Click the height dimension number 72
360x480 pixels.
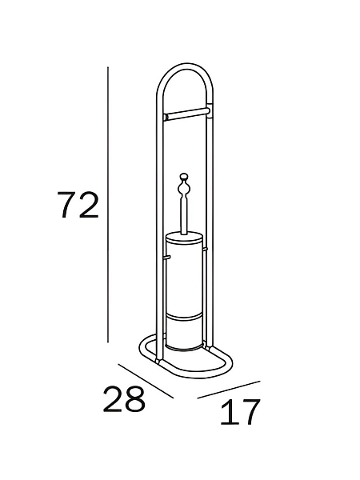[x=78, y=205]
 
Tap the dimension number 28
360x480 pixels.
[x=124, y=399]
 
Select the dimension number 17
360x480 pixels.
[x=240, y=412]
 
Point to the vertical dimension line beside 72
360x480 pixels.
[x=108, y=205]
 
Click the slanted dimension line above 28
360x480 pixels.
[x=146, y=381]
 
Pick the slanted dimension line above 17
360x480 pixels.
[x=229, y=390]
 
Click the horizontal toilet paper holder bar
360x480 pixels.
[x=187, y=114]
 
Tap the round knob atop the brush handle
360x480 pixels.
[x=184, y=177]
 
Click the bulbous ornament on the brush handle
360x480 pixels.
[x=184, y=190]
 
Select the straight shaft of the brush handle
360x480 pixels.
[x=184, y=217]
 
